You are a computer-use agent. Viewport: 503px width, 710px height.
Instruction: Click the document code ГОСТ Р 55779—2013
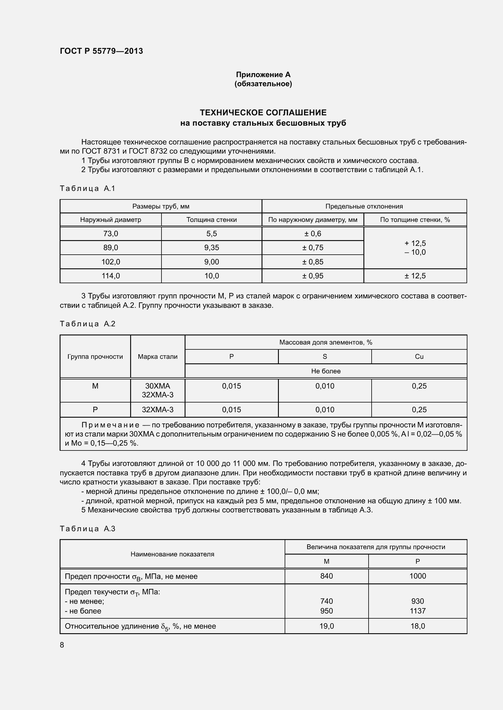click(x=101, y=51)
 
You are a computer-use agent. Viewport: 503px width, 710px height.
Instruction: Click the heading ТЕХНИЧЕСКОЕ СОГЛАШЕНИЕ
click(x=263, y=112)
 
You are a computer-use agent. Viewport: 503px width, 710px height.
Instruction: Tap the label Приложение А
click(x=263, y=75)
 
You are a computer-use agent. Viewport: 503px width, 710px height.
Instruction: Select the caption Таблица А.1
click(x=87, y=188)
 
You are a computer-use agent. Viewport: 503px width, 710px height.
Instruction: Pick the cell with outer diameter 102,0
click(x=111, y=262)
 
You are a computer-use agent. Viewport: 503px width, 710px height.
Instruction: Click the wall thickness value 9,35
click(x=212, y=247)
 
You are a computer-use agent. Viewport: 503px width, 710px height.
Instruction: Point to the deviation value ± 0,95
click(x=313, y=276)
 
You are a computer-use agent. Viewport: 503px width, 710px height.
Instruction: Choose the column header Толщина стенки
click(x=212, y=219)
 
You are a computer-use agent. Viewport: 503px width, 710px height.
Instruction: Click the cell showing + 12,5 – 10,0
click(x=415, y=248)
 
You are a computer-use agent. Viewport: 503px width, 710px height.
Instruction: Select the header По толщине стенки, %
click(x=415, y=219)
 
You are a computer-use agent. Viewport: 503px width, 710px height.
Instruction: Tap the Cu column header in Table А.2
click(x=419, y=357)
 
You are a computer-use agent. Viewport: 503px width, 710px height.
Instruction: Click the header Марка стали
click(x=158, y=357)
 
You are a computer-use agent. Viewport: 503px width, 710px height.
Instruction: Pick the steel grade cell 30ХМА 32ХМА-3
click(x=158, y=390)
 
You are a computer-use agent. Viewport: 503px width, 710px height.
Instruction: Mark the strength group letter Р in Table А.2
click(x=95, y=410)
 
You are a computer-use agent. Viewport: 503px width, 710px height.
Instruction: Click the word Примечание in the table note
click(x=110, y=425)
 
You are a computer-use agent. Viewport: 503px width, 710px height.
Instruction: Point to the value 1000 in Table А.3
click(x=418, y=576)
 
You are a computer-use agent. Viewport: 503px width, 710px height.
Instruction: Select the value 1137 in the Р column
click(x=418, y=611)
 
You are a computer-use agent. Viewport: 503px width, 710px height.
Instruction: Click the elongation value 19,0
click(x=326, y=626)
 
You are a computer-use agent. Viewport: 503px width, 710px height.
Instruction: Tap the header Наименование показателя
click(x=172, y=554)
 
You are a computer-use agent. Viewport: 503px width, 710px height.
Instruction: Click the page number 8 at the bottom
click(x=62, y=645)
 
